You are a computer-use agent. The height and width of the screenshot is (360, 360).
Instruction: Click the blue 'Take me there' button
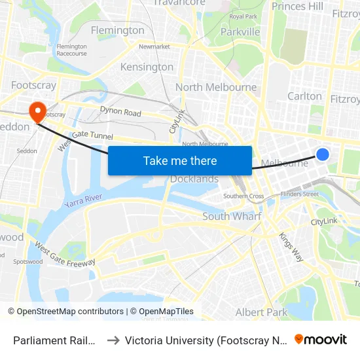point(180,160)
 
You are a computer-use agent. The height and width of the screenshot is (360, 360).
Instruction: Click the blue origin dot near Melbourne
point(323,154)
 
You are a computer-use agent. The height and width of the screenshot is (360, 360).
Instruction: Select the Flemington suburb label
point(117,30)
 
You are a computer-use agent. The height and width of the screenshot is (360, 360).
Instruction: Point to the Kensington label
point(147,67)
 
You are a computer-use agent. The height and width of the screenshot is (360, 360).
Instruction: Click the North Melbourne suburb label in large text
point(216,87)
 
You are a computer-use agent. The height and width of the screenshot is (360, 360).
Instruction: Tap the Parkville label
point(240,31)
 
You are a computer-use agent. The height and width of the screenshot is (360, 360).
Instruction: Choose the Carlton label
point(304,96)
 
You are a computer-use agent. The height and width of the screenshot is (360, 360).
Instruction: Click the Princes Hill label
point(297,7)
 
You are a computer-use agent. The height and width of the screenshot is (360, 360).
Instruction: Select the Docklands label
point(194,179)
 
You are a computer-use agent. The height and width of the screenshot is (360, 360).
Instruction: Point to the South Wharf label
point(232,216)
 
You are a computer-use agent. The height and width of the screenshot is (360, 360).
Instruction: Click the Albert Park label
point(261,312)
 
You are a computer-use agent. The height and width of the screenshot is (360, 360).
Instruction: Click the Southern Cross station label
point(243,196)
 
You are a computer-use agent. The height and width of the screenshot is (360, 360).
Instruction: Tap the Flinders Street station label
point(299,194)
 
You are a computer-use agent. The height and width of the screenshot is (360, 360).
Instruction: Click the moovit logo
point(320,339)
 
